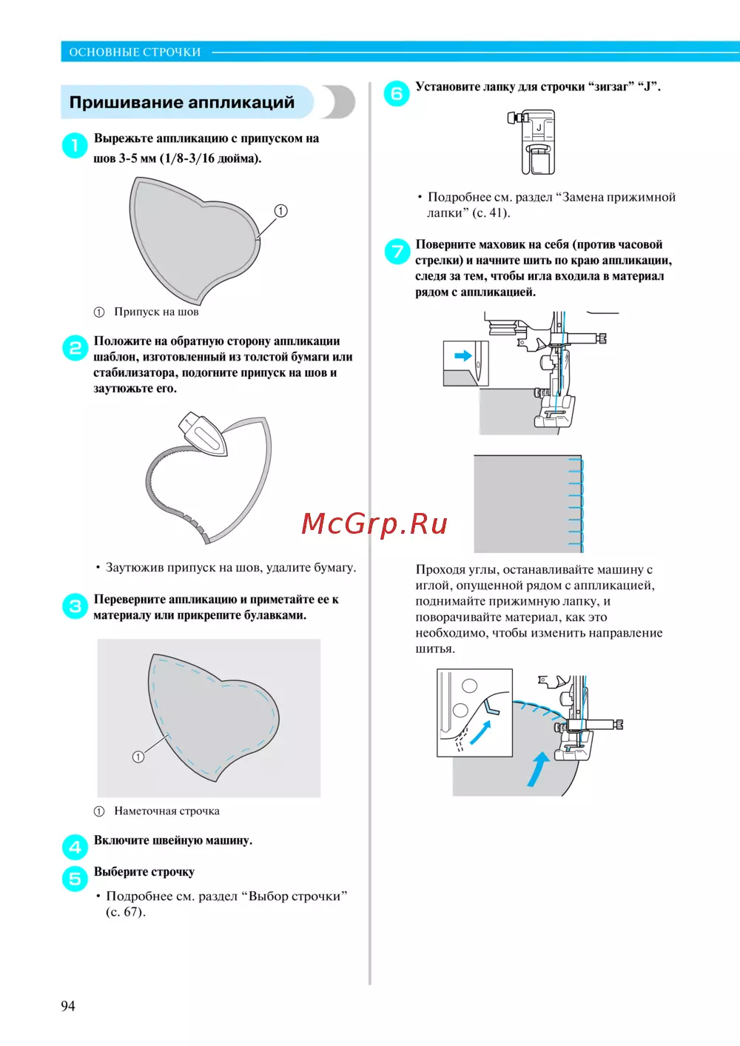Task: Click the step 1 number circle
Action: click(x=75, y=145)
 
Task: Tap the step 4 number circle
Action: click(x=75, y=847)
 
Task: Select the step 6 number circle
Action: click(x=397, y=93)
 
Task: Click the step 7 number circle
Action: click(x=397, y=251)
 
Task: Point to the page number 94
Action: click(x=68, y=1006)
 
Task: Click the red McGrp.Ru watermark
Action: click(x=374, y=524)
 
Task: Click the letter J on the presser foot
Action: click(x=539, y=127)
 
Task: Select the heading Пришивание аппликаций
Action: click(x=181, y=102)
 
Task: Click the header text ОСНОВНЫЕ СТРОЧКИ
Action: click(x=135, y=52)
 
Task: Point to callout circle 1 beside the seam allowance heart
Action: click(x=280, y=211)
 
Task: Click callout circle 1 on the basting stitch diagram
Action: click(x=138, y=757)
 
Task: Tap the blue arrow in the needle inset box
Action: click(x=463, y=356)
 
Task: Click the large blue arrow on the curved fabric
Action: click(x=538, y=768)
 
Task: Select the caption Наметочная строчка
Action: click(x=166, y=811)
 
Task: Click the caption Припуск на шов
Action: click(x=156, y=312)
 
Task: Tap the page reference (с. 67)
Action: click(x=126, y=912)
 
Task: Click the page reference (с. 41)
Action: click(x=491, y=213)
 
